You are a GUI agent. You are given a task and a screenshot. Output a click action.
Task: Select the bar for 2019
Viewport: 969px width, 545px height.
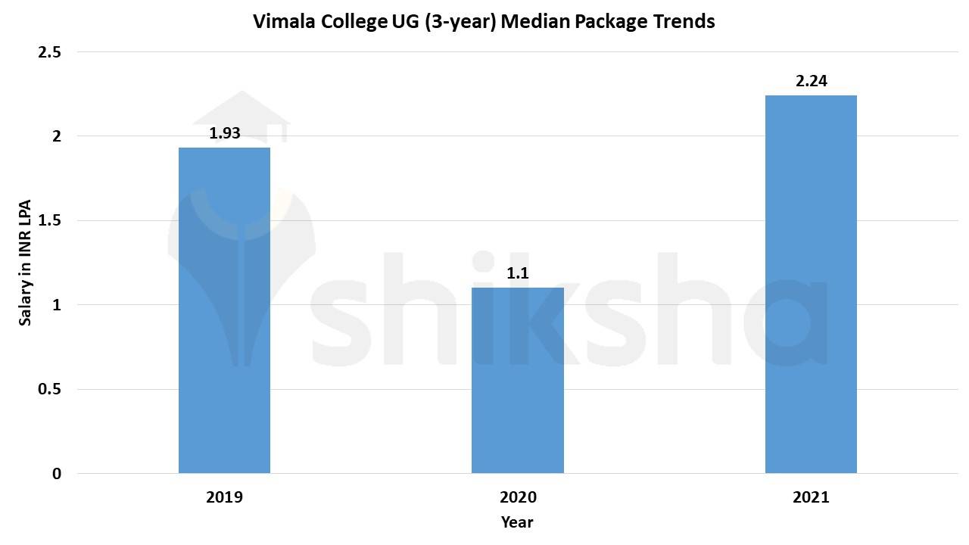tap(224, 310)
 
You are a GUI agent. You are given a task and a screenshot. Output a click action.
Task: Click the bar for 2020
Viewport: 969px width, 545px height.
tap(517, 380)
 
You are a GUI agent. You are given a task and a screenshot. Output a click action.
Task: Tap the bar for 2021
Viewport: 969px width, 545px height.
tap(811, 284)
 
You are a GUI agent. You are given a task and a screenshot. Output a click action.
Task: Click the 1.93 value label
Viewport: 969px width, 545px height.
tap(224, 133)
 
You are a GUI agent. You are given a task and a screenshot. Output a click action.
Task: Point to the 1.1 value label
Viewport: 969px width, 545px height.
tap(517, 273)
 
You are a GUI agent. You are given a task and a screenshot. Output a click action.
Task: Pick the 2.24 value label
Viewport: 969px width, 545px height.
tap(811, 81)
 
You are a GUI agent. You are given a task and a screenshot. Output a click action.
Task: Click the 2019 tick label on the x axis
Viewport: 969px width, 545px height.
tap(224, 497)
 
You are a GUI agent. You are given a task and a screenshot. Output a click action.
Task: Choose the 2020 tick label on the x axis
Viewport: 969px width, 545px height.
tap(517, 497)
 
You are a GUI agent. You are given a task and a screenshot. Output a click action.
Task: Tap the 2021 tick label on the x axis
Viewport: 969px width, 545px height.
tap(811, 497)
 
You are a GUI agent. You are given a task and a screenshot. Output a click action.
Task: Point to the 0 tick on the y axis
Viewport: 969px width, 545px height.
tap(56, 474)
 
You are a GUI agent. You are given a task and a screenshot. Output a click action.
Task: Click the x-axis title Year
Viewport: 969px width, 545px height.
tap(517, 522)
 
